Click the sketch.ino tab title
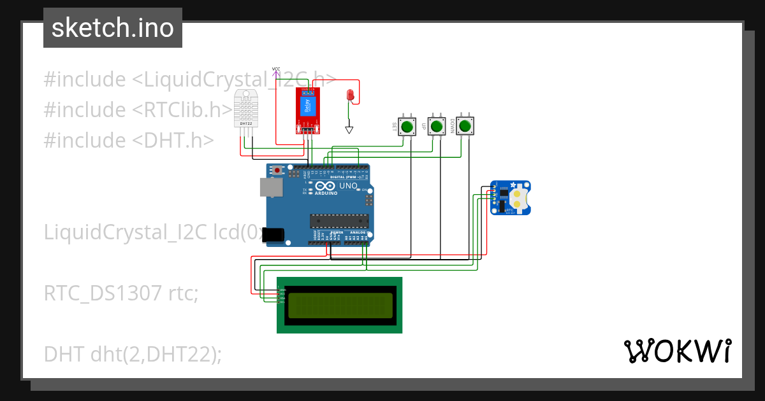tap(113, 28)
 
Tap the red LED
tap(349, 95)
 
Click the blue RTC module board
tap(509, 197)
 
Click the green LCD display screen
tap(339, 306)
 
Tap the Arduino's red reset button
tap(277, 170)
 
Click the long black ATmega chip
tap(339, 221)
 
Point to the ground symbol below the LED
tap(349, 130)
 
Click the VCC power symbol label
tap(276, 69)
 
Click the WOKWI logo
tap(677, 351)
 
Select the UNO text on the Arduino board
tap(348, 186)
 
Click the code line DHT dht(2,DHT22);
tap(133, 353)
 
